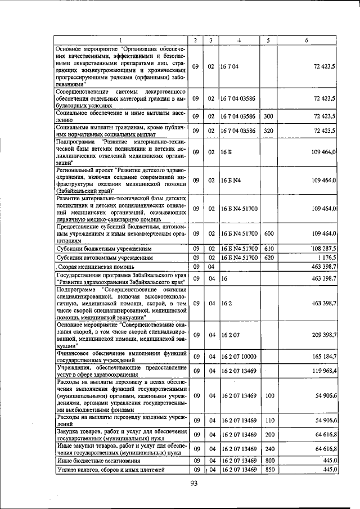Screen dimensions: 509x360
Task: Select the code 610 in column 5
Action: pos(268,248)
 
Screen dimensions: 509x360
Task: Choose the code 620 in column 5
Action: pos(268,257)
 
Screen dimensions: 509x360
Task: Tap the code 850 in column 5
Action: pos(268,470)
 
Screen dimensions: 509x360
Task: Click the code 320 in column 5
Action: pos(268,130)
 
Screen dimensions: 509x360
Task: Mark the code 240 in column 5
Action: pos(268,449)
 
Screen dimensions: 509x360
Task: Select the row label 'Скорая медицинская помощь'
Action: pos(96,266)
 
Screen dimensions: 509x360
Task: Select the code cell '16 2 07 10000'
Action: pos(238,357)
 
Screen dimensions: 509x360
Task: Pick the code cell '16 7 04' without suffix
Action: pos(231,66)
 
